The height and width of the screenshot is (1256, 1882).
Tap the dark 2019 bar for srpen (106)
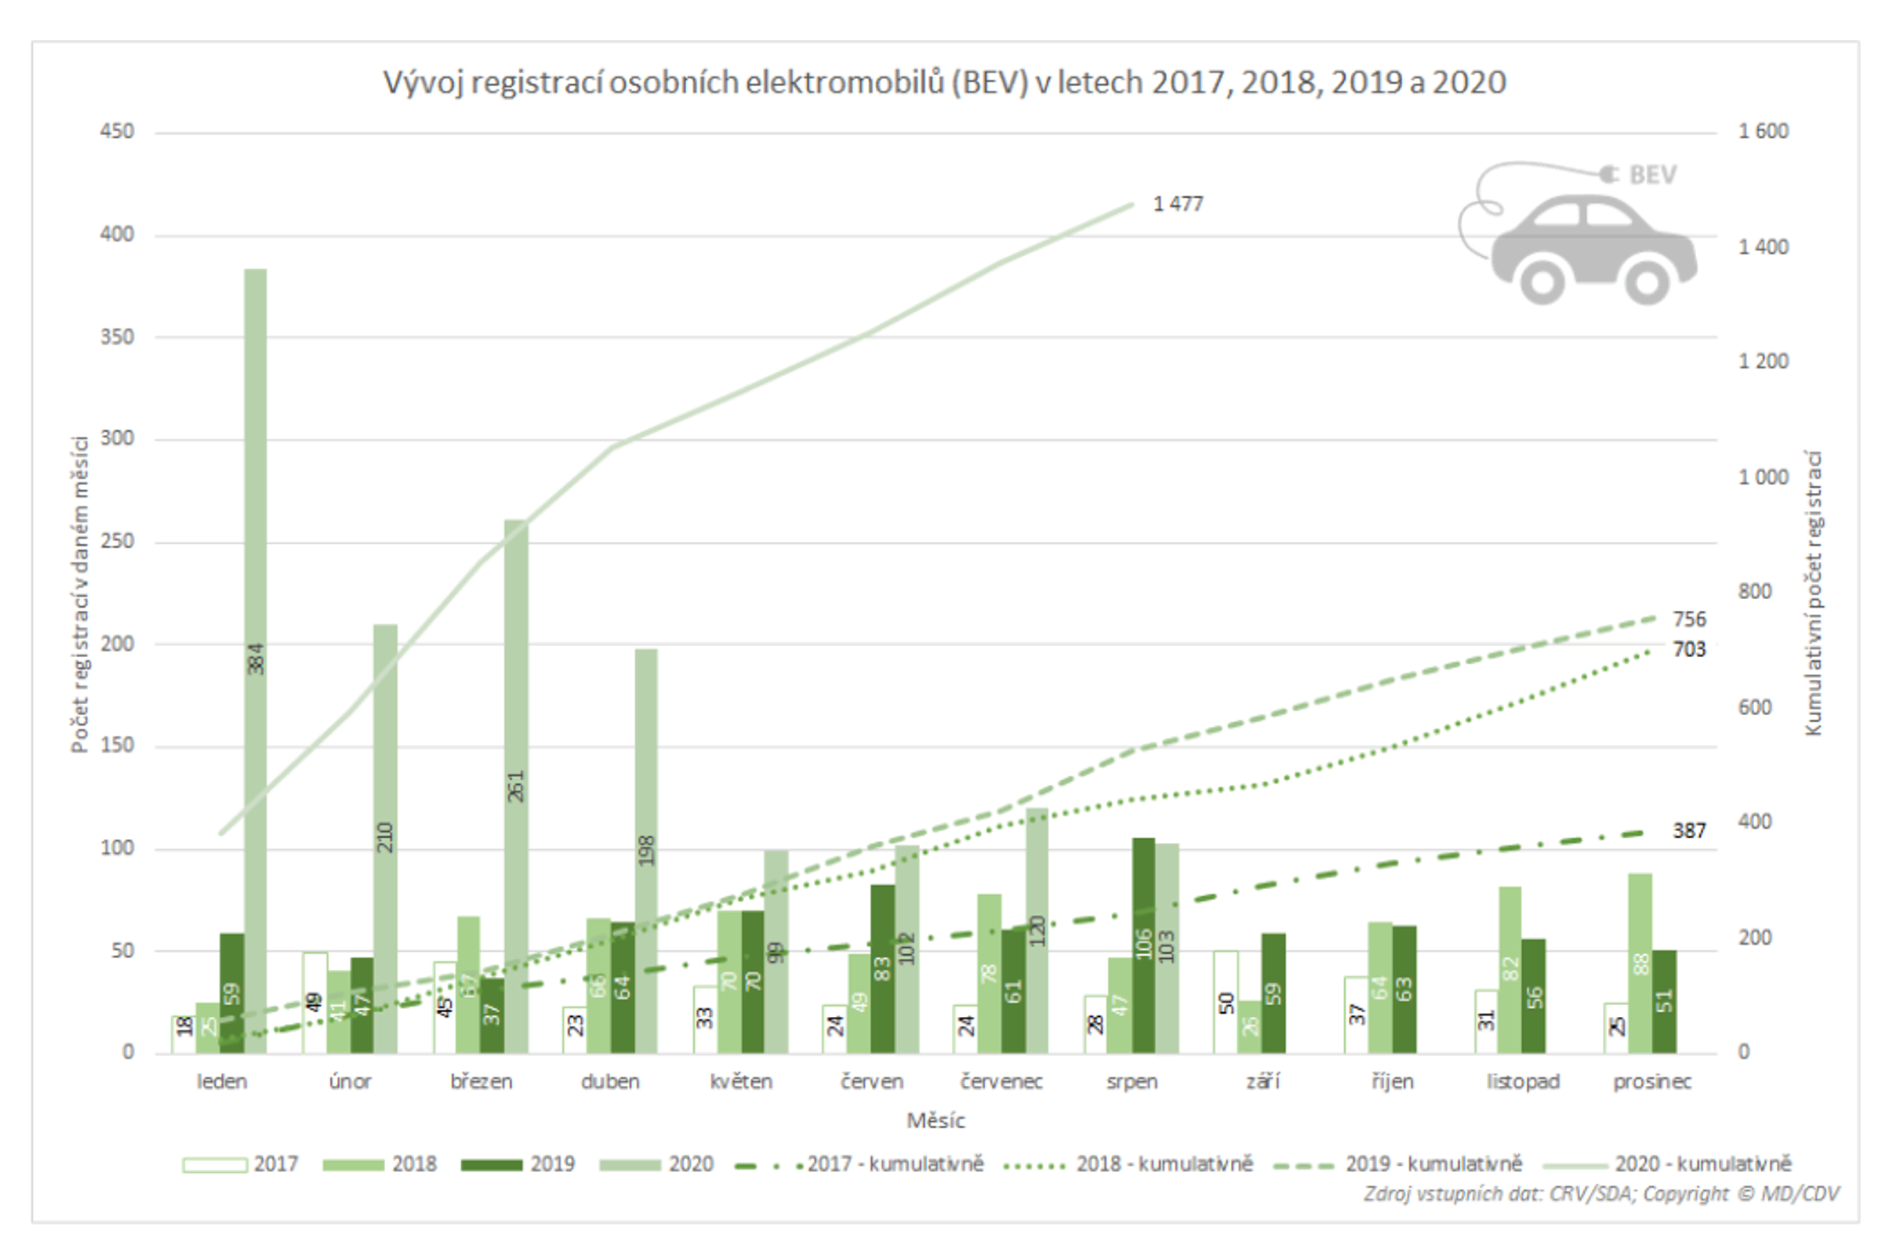click(1143, 946)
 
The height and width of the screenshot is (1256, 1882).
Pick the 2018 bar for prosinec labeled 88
click(1640, 961)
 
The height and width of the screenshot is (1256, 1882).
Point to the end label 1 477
click(1178, 205)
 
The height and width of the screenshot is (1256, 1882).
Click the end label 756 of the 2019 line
click(1689, 619)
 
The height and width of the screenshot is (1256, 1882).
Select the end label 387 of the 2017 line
click(1689, 830)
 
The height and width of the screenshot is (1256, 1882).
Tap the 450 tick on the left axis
click(117, 132)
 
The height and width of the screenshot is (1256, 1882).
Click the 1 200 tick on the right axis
click(1763, 361)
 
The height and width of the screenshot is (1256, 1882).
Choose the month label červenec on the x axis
click(1001, 1082)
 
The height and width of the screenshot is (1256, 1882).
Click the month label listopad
click(1523, 1082)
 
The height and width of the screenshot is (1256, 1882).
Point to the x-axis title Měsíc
click(935, 1120)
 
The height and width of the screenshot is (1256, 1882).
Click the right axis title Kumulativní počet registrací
click(1813, 593)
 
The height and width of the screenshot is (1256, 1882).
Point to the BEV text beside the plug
click(1652, 175)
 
